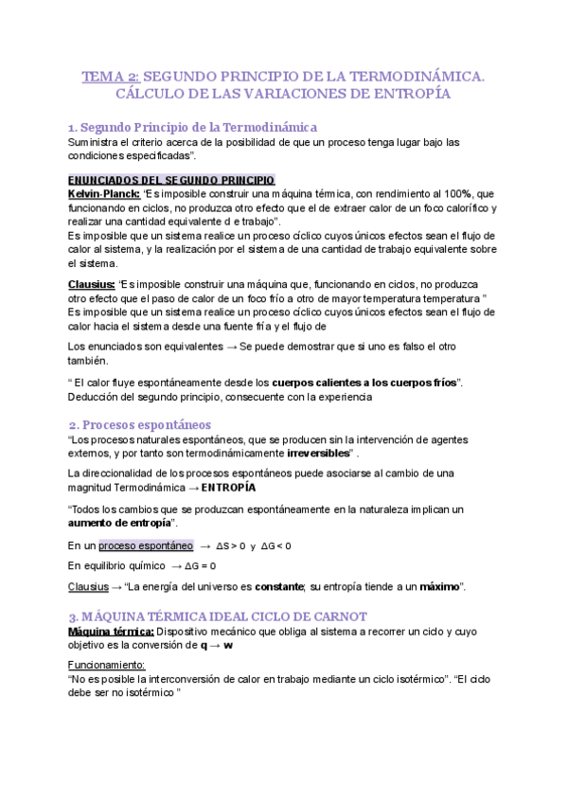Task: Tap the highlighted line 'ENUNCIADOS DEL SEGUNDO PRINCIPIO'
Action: [x=172, y=180]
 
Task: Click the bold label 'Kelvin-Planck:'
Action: [x=104, y=193]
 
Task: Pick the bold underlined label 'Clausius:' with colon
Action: [x=93, y=285]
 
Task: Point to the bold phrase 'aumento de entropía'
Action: [x=123, y=523]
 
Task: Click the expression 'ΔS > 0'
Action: [x=231, y=546]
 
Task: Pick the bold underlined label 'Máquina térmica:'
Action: [x=111, y=630]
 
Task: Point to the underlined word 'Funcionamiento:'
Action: [x=106, y=666]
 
